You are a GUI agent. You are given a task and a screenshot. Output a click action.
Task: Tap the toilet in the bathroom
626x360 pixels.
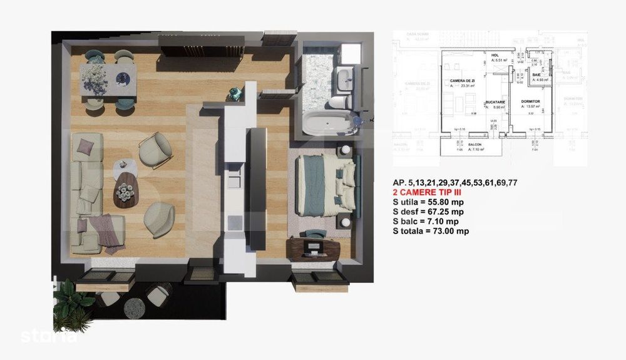coord(337,101)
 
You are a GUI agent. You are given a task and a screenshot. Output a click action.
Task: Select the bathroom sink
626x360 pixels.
coord(343,80)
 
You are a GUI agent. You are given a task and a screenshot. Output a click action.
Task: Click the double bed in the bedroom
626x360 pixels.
coord(326,185)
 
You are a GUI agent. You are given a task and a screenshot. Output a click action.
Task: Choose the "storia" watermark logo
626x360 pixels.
coord(49,336)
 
